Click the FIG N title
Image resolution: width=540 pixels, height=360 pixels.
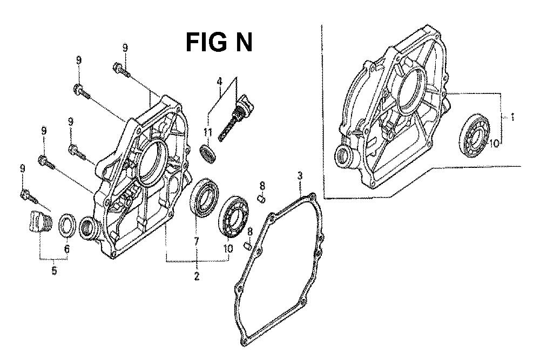coord(219,42)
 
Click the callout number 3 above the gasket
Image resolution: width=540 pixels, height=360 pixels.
coord(300,175)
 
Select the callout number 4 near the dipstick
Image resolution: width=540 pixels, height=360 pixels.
coord(219,82)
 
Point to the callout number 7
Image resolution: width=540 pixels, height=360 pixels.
coord(197,241)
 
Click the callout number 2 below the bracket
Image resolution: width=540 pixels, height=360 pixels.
coord(197,276)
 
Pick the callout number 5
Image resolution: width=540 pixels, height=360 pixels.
coord(54,270)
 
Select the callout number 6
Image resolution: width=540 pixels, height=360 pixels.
coord(67,248)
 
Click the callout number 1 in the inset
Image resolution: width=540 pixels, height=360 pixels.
coord(512,118)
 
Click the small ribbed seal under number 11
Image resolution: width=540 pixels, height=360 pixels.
coord(208,153)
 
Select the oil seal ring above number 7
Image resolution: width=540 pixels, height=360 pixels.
coord(204,197)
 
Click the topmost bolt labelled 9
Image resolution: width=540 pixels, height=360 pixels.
coord(121,69)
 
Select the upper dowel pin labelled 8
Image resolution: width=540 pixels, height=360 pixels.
coord(262,199)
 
